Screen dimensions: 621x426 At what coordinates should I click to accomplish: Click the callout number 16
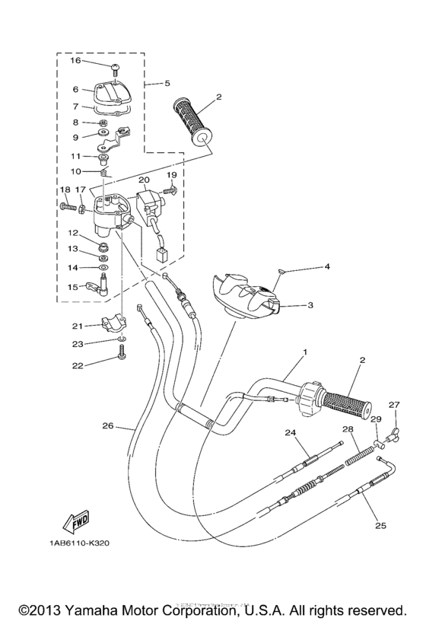tap(75, 60)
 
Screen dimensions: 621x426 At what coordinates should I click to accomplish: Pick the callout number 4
tap(327, 266)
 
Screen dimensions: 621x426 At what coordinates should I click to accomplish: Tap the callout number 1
tap(305, 353)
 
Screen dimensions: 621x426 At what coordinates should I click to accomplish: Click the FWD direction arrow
tap(75, 523)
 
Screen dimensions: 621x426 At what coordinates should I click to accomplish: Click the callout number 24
tap(290, 434)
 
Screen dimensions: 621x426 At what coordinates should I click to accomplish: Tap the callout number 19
tap(171, 174)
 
